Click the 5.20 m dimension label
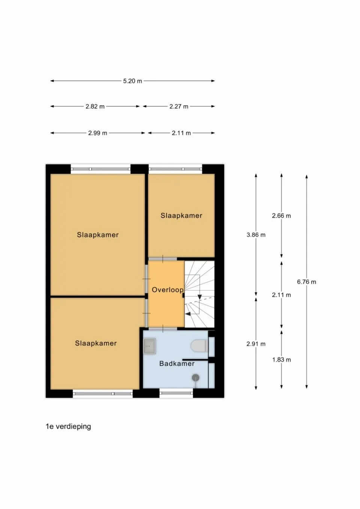point(132,81)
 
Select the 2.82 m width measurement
point(95,106)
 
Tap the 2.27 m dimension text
point(178,106)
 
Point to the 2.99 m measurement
point(97,133)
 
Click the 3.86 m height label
point(256,235)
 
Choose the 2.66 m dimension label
point(281,216)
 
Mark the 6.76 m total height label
point(306,282)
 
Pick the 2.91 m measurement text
point(256,344)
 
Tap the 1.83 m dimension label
point(281,360)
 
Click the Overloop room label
point(167,290)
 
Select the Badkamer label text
point(177,364)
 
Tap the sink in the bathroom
point(150,346)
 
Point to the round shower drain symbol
point(195,377)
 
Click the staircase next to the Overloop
point(199,294)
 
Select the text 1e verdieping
point(68,427)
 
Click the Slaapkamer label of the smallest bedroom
point(181,216)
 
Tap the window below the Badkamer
point(176,393)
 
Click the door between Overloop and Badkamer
point(163,329)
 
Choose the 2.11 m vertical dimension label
point(281,295)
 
